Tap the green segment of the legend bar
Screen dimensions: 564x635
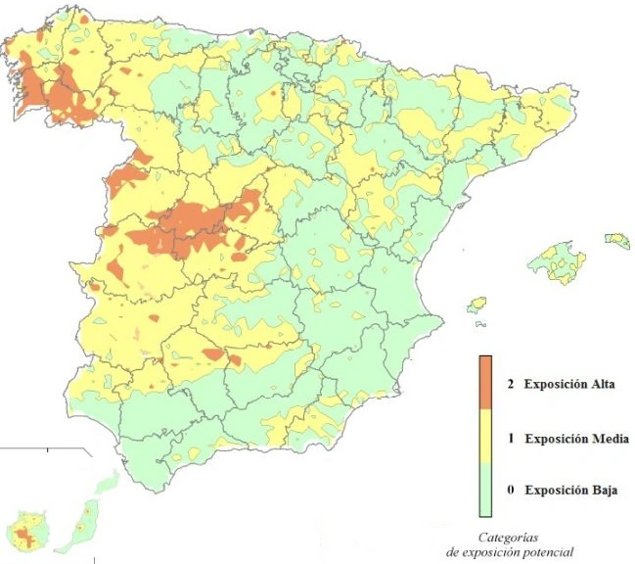click(x=484, y=490)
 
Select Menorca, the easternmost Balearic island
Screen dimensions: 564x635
click(x=616, y=239)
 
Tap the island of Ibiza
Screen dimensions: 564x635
click(x=476, y=305)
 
